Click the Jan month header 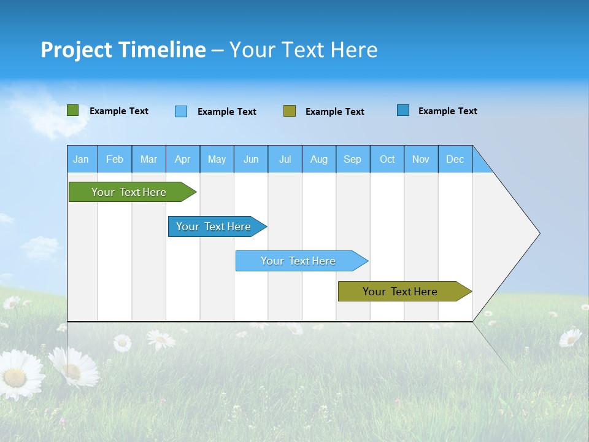pyautogui.click(x=82, y=159)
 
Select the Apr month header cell pyautogui.click(x=183, y=159)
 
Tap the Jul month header pyautogui.click(x=285, y=159)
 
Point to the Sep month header pyautogui.click(x=353, y=159)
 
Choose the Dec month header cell pyautogui.click(x=455, y=159)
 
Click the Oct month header pyautogui.click(x=387, y=159)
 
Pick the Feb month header pyautogui.click(x=115, y=159)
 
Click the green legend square pyautogui.click(x=73, y=110)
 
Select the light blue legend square pyautogui.click(x=181, y=111)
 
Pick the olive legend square pyautogui.click(x=290, y=111)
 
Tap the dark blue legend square pyautogui.click(x=403, y=110)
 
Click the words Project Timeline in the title pyautogui.click(x=123, y=50)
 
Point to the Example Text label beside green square pyautogui.click(x=119, y=111)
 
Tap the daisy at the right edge pyautogui.click(x=570, y=337)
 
